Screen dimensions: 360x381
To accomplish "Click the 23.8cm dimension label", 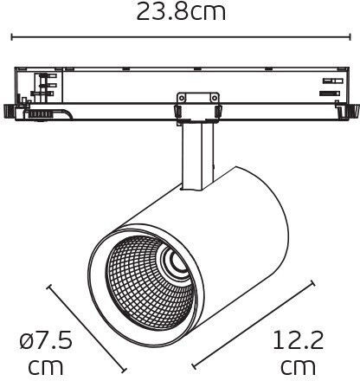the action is click(181, 11).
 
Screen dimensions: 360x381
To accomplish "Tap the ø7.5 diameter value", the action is click(46, 340).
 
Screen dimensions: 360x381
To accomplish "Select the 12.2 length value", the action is click(298, 340).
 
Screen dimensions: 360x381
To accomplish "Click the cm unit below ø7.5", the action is click(46, 366).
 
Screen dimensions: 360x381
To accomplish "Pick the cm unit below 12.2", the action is click(298, 366).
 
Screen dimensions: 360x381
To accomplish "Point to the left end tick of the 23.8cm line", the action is click(12, 37).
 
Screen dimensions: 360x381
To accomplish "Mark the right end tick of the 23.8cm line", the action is click(350, 37).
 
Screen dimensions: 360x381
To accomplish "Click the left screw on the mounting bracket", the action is click(181, 98).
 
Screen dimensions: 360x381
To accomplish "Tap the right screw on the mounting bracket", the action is click(214, 98).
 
